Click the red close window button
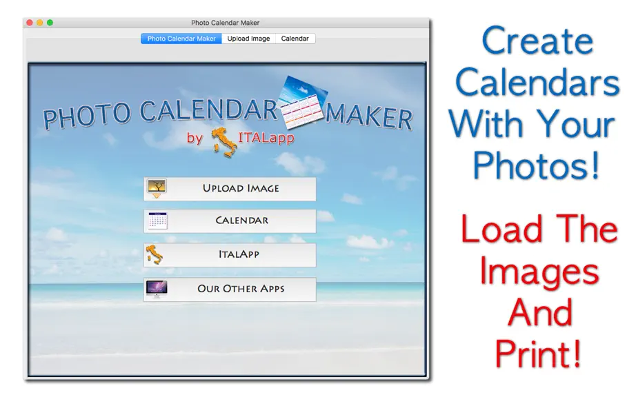[30, 23]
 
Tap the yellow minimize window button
[40, 23]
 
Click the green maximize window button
[50, 23]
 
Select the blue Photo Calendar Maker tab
[181, 39]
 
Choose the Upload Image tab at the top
[248, 39]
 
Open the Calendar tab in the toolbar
[295, 39]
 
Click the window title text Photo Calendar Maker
[225, 23]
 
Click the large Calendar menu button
[230, 221]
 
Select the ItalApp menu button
[230, 255]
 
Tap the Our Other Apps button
[230, 289]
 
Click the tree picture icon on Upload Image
[157, 188]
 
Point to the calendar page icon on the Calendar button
[158, 221]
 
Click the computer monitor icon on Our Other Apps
[157, 289]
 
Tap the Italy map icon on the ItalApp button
[154, 255]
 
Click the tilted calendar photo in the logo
[303, 101]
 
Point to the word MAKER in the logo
[369, 117]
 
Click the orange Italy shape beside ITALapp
[224, 142]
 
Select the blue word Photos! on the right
[536, 166]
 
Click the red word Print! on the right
[539, 354]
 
